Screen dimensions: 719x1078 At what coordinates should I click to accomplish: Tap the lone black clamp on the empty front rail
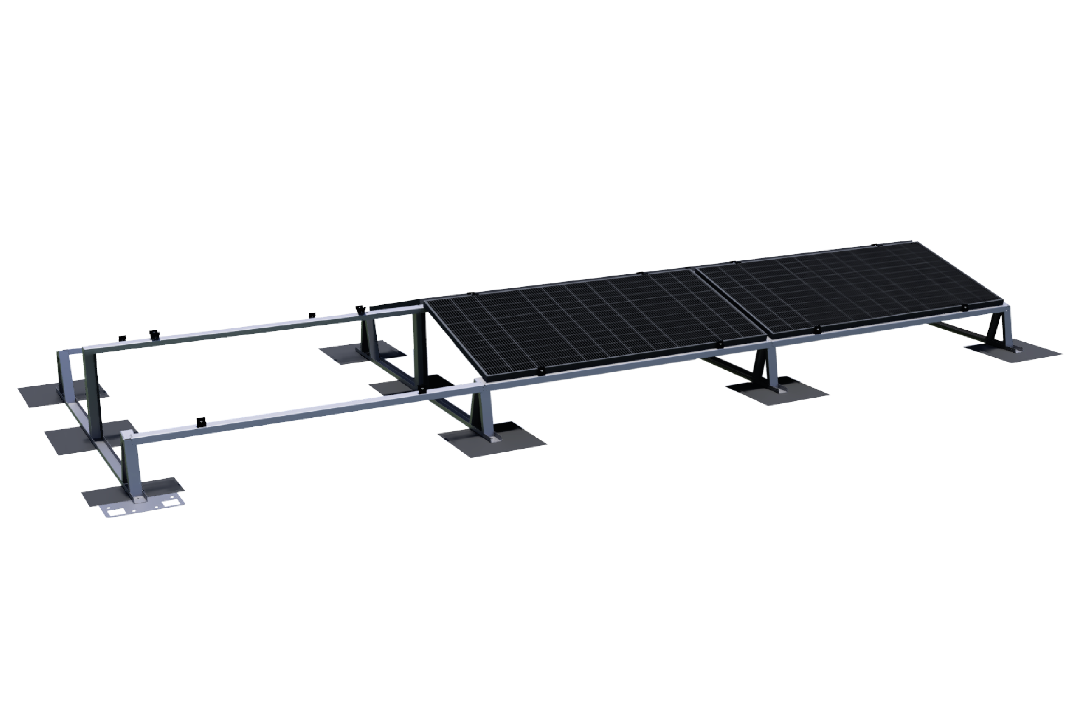(199, 421)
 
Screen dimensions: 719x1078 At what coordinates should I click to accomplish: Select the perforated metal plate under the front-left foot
(142, 509)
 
